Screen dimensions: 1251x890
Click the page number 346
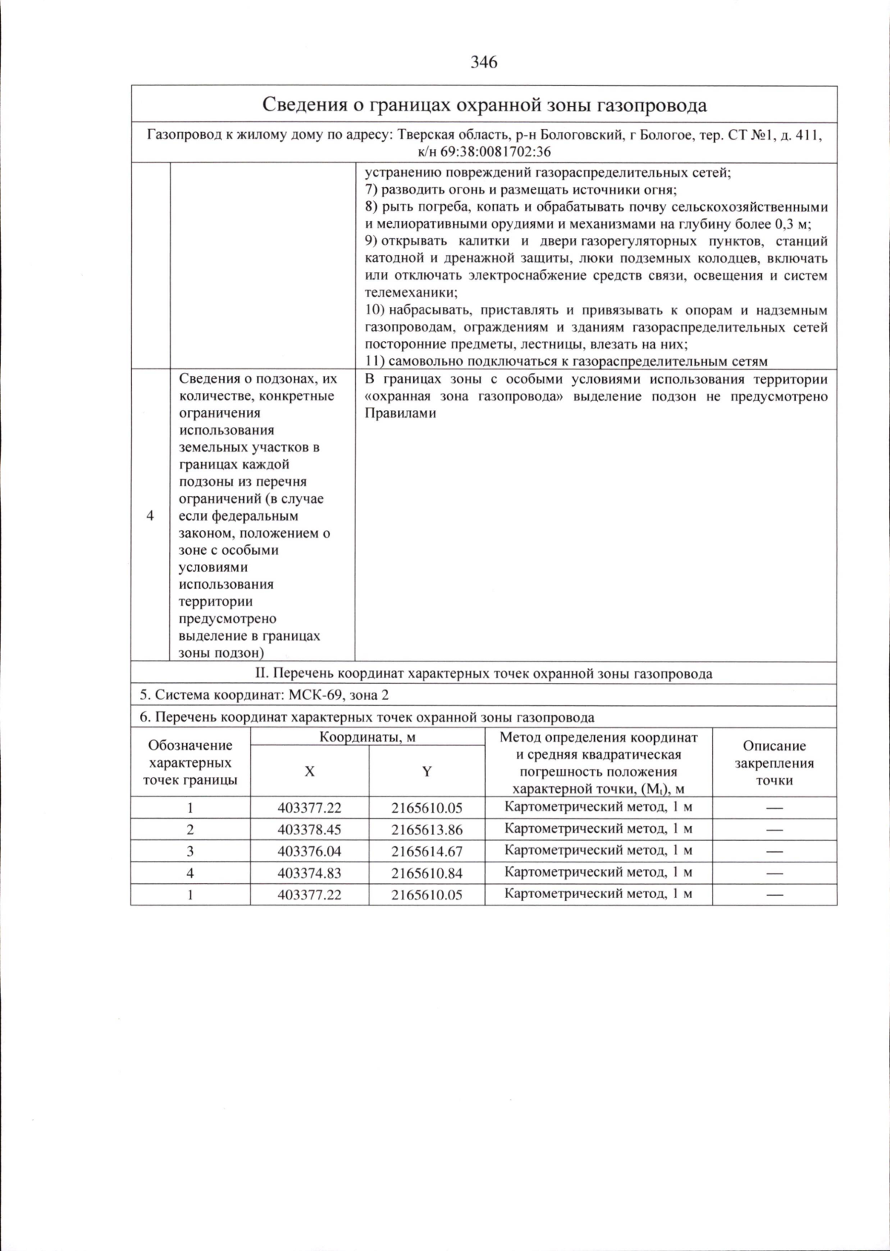coord(484,62)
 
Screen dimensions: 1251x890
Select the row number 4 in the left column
coord(151,515)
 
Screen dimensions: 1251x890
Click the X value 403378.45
coord(309,830)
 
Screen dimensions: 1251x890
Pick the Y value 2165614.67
coord(426,851)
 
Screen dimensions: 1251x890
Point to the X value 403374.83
coord(309,874)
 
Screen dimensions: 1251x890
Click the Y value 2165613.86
coord(426,830)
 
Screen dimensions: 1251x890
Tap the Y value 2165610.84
coord(426,874)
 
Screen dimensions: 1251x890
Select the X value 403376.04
coord(309,851)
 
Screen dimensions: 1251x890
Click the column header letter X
coord(309,771)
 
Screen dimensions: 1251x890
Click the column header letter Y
coord(426,771)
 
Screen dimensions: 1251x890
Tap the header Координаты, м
coord(367,737)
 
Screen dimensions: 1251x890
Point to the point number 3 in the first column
coord(190,851)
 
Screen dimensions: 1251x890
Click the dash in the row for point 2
coord(774,830)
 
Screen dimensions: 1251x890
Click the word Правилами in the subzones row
coord(400,414)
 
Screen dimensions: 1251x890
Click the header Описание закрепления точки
coord(774,763)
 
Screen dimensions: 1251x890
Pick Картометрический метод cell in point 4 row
coord(598,873)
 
